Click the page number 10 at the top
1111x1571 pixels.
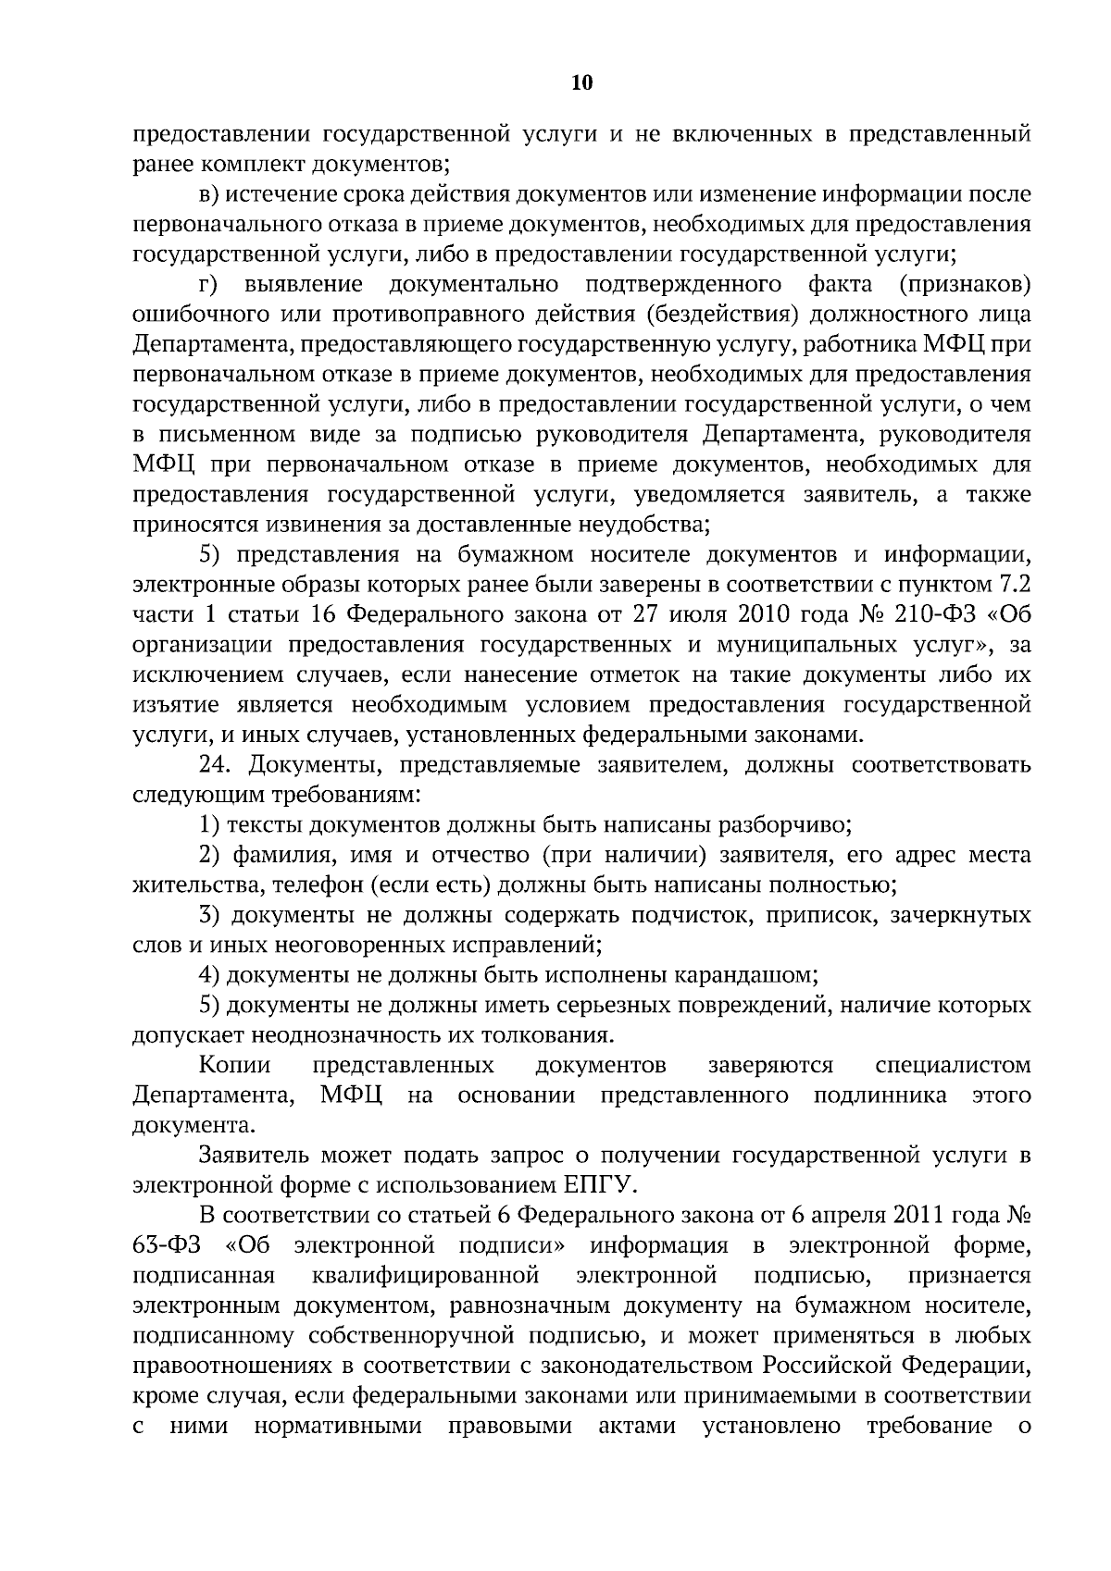tap(581, 83)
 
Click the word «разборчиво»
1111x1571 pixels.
tap(783, 825)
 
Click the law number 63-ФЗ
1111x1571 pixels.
tap(170, 1245)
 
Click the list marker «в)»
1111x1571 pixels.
tap(209, 195)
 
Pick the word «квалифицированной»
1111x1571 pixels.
tap(426, 1276)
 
